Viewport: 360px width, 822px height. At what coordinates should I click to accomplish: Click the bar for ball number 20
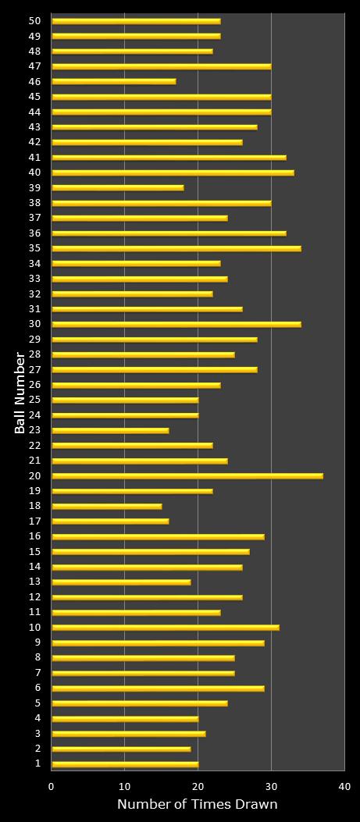(x=187, y=475)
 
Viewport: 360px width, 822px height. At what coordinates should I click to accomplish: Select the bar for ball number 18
(x=107, y=506)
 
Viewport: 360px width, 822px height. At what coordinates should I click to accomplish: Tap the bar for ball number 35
(x=176, y=248)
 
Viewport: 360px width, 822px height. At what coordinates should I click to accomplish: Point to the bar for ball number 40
(x=173, y=173)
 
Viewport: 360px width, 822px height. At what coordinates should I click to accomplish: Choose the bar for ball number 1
(x=125, y=764)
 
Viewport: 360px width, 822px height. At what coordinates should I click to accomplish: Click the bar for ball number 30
(x=176, y=324)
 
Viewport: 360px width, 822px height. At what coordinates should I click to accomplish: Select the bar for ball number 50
(x=136, y=21)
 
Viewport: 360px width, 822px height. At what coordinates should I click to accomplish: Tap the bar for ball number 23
(x=110, y=430)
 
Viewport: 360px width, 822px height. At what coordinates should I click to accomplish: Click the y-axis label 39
(x=35, y=187)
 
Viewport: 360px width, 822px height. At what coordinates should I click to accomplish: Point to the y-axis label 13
(x=35, y=582)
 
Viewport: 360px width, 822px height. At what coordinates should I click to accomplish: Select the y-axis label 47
(x=35, y=66)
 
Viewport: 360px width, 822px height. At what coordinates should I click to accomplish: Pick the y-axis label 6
(x=37, y=688)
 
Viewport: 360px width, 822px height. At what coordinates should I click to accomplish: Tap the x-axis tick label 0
(x=52, y=787)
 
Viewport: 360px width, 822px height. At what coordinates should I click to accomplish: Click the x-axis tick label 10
(x=125, y=787)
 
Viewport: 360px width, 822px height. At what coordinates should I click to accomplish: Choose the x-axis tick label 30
(x=271, y=787)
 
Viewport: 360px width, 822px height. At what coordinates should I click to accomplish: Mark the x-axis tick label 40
(x=344, y=787)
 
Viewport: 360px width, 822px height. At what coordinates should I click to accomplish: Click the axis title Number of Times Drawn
(x=197, y=805)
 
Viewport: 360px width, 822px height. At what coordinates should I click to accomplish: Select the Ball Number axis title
(x=20, y=393)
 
